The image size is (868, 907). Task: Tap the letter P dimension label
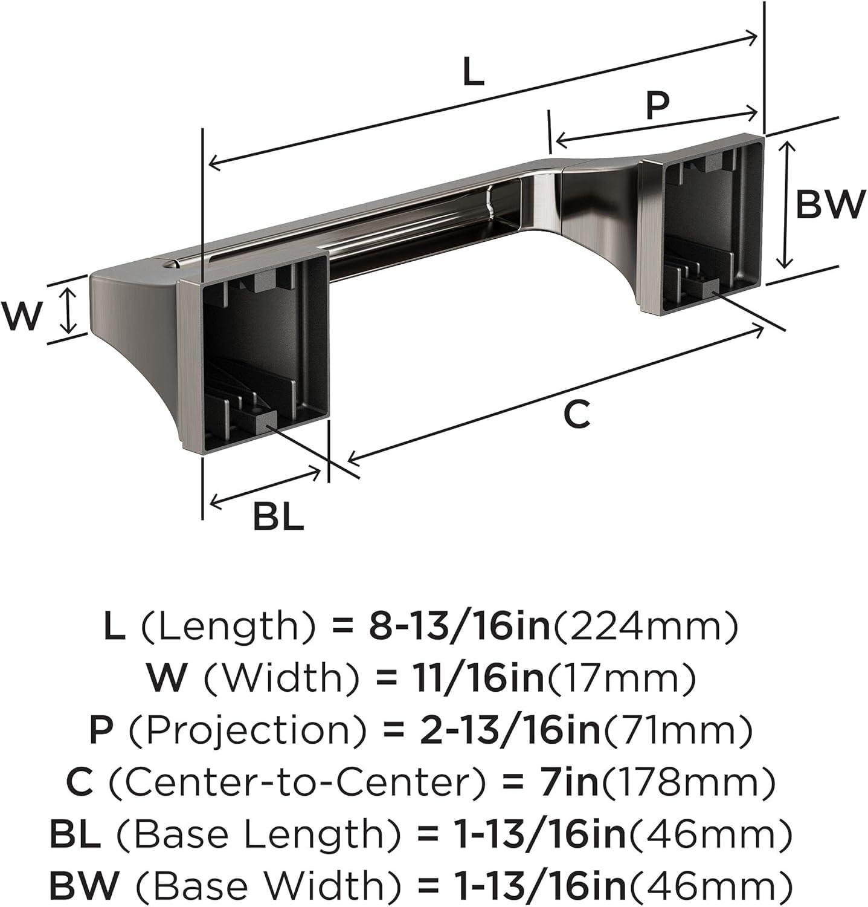657,106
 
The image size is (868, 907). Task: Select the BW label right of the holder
831,205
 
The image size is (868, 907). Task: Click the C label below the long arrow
576,415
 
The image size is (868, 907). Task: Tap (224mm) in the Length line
645,628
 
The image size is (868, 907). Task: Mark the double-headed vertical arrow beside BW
784,204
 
